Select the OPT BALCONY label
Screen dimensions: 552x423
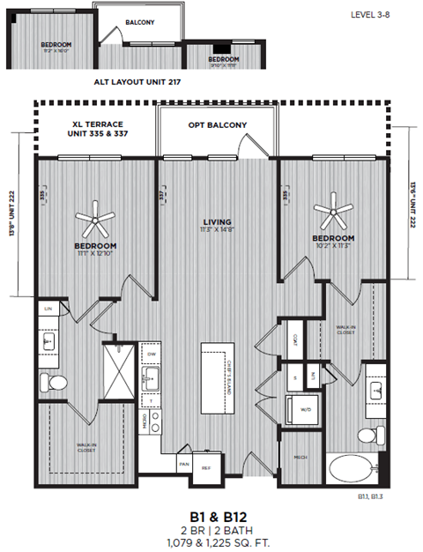[217, 125]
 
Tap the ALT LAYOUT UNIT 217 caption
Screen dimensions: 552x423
[141, 80]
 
